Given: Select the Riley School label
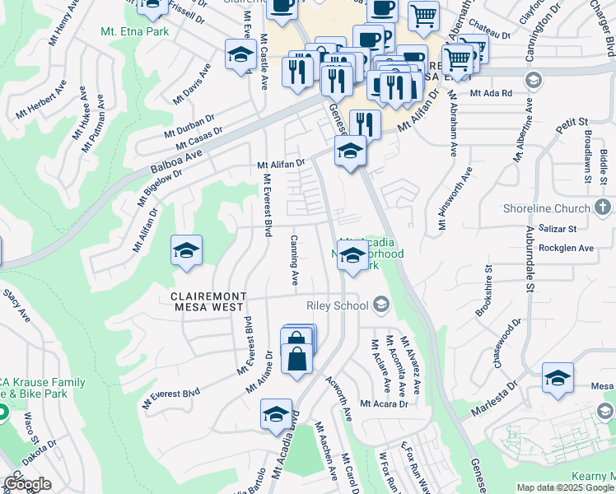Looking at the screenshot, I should click(x=337, y=305).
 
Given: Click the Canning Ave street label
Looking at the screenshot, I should click(x=294, y=260).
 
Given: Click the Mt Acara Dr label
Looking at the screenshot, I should click(x=385, y=404).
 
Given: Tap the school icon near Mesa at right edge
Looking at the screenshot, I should click(x=558, y=378).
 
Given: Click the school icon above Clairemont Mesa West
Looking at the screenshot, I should click(x=186, y=250).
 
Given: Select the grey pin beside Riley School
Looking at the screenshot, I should click(x=380, y=305).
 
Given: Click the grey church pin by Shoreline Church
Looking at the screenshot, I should click(x=604, y=208).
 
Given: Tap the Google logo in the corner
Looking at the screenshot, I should click(x=27, y=484).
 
